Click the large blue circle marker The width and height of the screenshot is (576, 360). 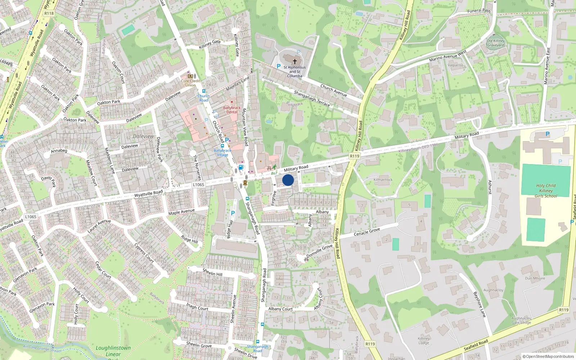[x=288, y=180]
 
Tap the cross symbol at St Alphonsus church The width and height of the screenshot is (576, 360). [x=295, y=62]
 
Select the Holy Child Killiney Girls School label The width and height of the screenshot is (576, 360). [x=546, y=191]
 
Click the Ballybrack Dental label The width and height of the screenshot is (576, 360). [x=232, y=110]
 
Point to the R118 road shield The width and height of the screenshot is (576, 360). [x=49, y=13]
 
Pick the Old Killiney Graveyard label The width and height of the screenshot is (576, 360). [x=496, y=43]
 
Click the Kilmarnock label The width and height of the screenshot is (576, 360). [x=383, y=180]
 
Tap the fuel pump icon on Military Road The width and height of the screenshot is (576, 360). [x=241, y=167]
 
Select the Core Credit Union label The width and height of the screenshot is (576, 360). [x=190, y=83]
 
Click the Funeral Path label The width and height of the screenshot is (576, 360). [x=479, y=11]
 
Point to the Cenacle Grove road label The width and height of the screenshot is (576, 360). [x=367, y=231]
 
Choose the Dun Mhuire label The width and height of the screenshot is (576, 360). [x=535, y=278]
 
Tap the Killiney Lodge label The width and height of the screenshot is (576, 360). [x=424, y=341]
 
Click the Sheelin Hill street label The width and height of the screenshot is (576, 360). [x=212, y=272]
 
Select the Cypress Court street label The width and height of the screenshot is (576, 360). [x=144, y=253]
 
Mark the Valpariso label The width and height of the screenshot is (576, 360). [x=455, y=65]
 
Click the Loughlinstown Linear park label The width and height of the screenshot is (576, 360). [x=113, y=351]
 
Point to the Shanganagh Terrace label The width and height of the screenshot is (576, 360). [x=312, y=98]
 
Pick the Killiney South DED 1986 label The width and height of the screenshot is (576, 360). [x=418, y=148]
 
